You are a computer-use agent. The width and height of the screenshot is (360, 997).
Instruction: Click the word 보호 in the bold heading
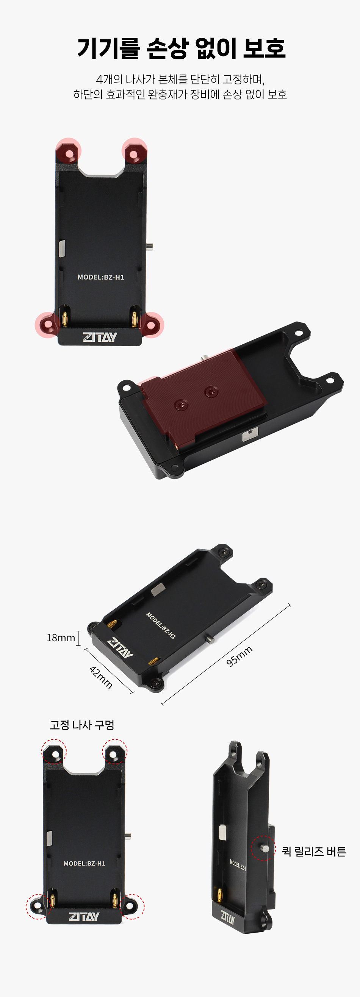[264, 48]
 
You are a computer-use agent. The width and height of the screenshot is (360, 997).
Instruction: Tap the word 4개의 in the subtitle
[109, 80]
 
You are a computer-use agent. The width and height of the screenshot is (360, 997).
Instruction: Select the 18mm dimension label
[61, 638]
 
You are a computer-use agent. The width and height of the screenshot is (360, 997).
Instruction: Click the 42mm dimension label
[101, 677]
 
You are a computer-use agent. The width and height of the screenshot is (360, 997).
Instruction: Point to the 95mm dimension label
[239, 656]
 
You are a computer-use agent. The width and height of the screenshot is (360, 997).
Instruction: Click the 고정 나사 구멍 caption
[82, 725]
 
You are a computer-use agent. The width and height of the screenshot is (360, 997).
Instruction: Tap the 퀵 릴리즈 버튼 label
[314, 852]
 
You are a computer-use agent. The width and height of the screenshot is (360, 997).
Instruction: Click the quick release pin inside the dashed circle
[265, 849]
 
